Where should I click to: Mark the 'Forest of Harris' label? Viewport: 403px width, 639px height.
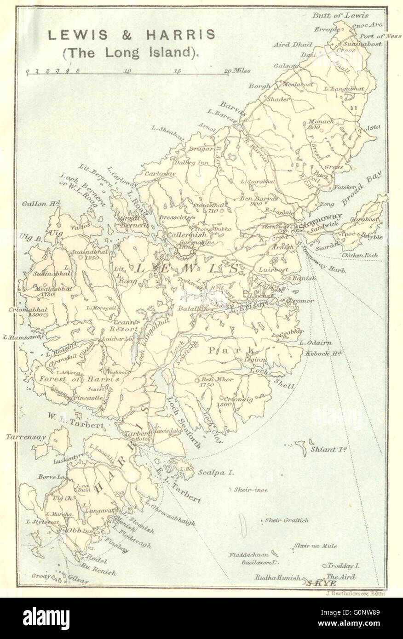80,379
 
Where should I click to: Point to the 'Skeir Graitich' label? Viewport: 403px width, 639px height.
286,520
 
